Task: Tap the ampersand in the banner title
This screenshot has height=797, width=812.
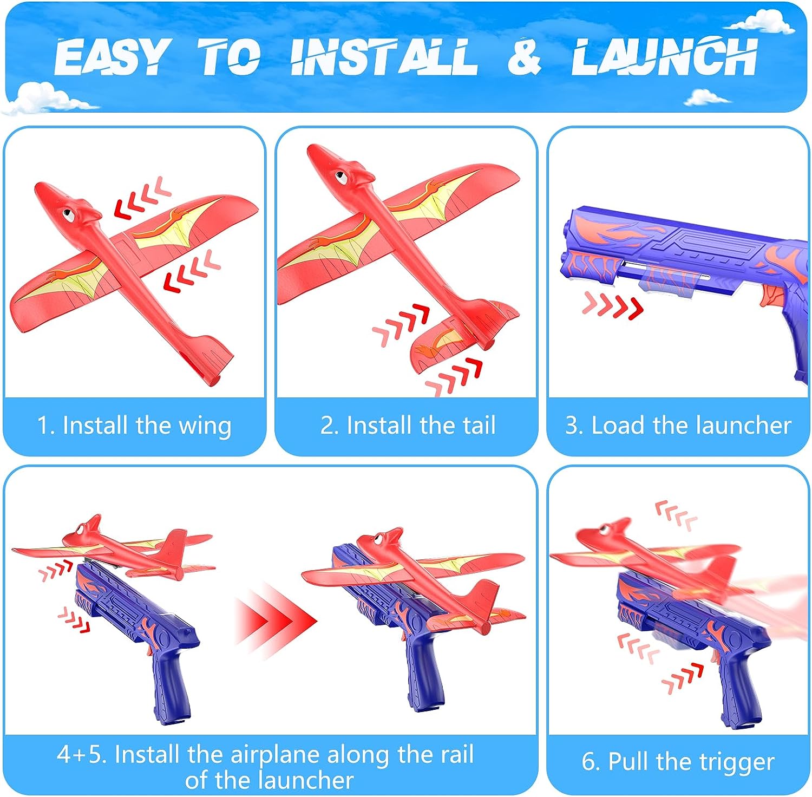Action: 524,56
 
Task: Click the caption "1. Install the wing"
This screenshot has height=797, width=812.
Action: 134,426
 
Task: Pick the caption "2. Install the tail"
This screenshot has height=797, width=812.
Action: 408,425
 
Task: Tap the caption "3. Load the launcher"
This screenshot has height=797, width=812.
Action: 678,425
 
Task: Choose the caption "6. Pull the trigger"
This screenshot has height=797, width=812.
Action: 678,762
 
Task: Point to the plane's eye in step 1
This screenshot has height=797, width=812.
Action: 69,214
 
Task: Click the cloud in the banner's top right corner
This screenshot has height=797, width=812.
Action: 761,21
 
